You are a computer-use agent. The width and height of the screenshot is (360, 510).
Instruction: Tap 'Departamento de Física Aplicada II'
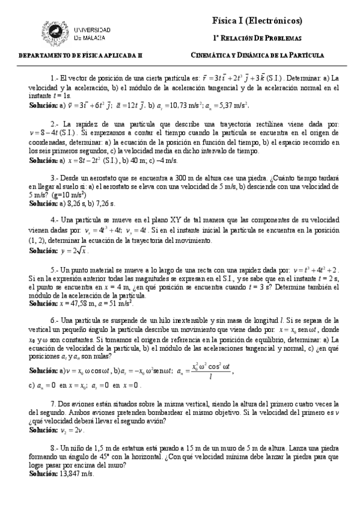point(81,55)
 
